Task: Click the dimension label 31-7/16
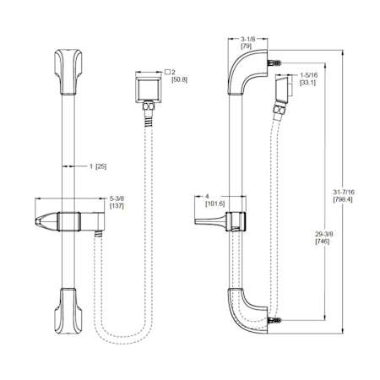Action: tap(344, 193)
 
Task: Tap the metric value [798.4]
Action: tap(343, 199)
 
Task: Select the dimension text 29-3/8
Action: tap(323, 234)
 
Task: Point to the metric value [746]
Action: tap(323, 242)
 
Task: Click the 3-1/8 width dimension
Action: tap(247, 40)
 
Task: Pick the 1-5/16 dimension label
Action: tap(308, 75)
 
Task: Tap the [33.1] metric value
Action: tap(307, 83)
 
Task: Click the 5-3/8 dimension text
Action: tap(117, 198)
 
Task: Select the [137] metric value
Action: tap(117, 206)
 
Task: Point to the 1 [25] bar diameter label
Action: tap(98, 166)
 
